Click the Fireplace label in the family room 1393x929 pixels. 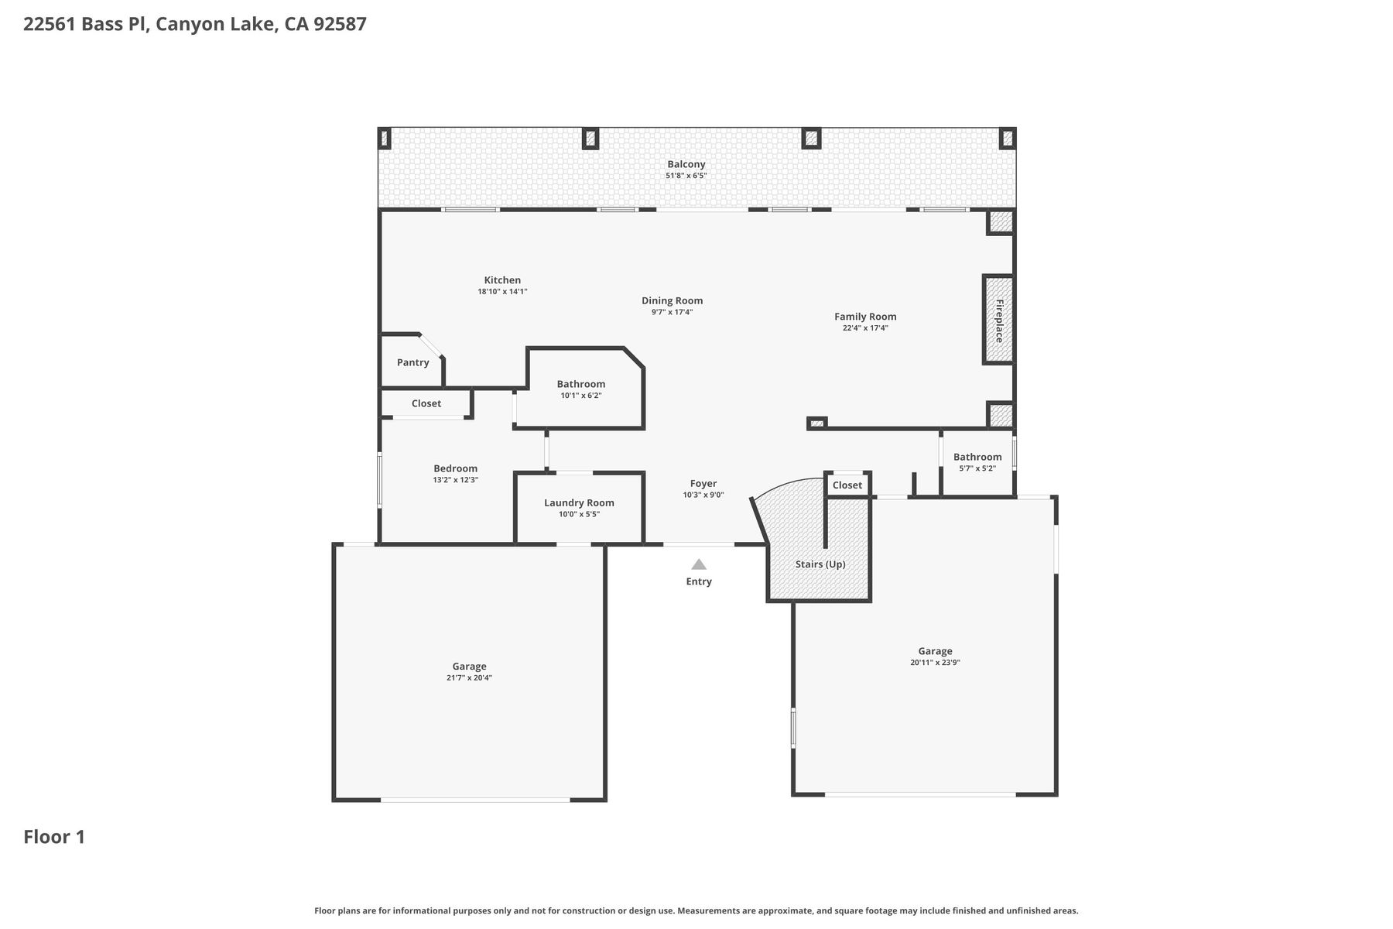click(999, 321)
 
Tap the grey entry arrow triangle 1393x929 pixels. click(699, 564)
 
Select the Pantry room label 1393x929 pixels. click(413, 362)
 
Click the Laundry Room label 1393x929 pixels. click(579, 502)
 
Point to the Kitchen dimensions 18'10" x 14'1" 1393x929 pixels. click(502, 292)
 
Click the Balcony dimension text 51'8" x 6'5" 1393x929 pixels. click(686, 176)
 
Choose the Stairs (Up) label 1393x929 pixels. click(820, 564)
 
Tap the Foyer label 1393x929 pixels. click(703, 484)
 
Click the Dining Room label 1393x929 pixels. click(673, 301)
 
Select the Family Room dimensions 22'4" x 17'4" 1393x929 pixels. click(865, 328)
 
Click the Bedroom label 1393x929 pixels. click(456, 468)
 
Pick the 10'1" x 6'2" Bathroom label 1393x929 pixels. click(581, 384)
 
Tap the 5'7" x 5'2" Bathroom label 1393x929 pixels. click(977, 457)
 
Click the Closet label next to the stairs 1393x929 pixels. click(847, 485)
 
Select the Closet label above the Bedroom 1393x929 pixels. click(426, 403)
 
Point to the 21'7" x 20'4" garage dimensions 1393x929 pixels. click(469, 678)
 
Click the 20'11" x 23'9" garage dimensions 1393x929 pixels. click(935, 663)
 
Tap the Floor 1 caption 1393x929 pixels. click(54, 837)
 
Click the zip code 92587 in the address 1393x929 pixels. click(340, 24)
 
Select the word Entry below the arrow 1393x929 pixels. click(699, 581)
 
